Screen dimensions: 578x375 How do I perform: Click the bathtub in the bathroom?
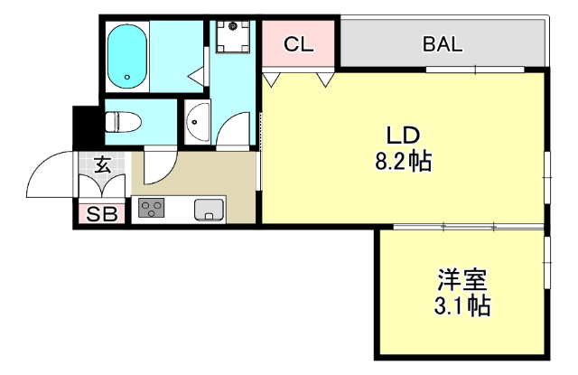coord(127,56)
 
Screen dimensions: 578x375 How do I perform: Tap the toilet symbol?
coord(123,122)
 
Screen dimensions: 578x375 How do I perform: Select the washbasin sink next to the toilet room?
coord(198,122)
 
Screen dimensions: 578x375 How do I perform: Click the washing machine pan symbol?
coord(233,36)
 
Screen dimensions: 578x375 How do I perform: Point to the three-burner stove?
coord(151,208)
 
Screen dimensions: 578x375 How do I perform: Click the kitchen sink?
coord(209,210)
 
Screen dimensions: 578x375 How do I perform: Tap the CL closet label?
coord(299,44)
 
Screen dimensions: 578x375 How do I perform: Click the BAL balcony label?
coord(443,44)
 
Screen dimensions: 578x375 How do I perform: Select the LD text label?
coord(403,136)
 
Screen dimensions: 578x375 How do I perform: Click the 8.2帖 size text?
coord(404,161)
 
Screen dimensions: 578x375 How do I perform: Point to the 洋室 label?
coord(462,280)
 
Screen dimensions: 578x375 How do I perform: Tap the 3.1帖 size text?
coord(462,305)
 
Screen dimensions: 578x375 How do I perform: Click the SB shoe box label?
coord(102,214)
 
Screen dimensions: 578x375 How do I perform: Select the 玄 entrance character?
coord(102,164)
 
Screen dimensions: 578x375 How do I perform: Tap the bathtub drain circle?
coord(127,78)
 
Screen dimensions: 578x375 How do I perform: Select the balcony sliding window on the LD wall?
coord(475,69)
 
